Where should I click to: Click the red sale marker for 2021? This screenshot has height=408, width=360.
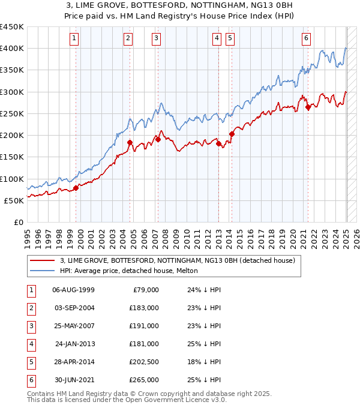[x=308, y=107]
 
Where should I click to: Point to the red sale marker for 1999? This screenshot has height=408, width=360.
[x=76, y=188]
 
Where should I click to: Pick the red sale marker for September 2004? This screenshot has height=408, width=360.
[x=130, y=143]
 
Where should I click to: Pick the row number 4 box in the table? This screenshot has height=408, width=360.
[x=31, y=344]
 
